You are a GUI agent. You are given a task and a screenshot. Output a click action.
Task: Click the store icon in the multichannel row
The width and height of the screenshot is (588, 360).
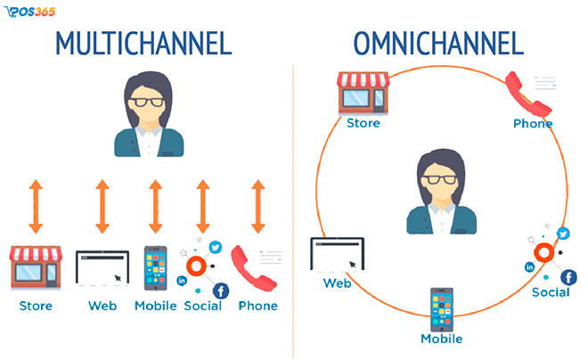(x=37, y=268)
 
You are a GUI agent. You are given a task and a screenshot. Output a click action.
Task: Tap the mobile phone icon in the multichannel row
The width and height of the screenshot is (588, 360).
(x=155, y=268)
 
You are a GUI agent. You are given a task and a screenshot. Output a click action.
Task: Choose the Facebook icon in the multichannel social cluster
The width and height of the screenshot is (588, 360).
(x=219, y=290)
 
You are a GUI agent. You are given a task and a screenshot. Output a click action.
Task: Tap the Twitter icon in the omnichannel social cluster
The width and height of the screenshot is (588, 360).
(x=562, y=234)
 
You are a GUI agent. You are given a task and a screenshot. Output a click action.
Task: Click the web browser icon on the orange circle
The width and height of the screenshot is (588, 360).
(x=337, y=255)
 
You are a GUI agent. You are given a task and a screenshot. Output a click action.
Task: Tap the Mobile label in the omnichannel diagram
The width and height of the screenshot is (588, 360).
(x=442, y=340)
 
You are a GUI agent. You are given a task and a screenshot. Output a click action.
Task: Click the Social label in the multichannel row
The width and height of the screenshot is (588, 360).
(x=202, y=307)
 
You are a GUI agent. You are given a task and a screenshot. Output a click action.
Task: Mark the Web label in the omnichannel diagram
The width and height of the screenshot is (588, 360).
(x=337, y=283)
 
